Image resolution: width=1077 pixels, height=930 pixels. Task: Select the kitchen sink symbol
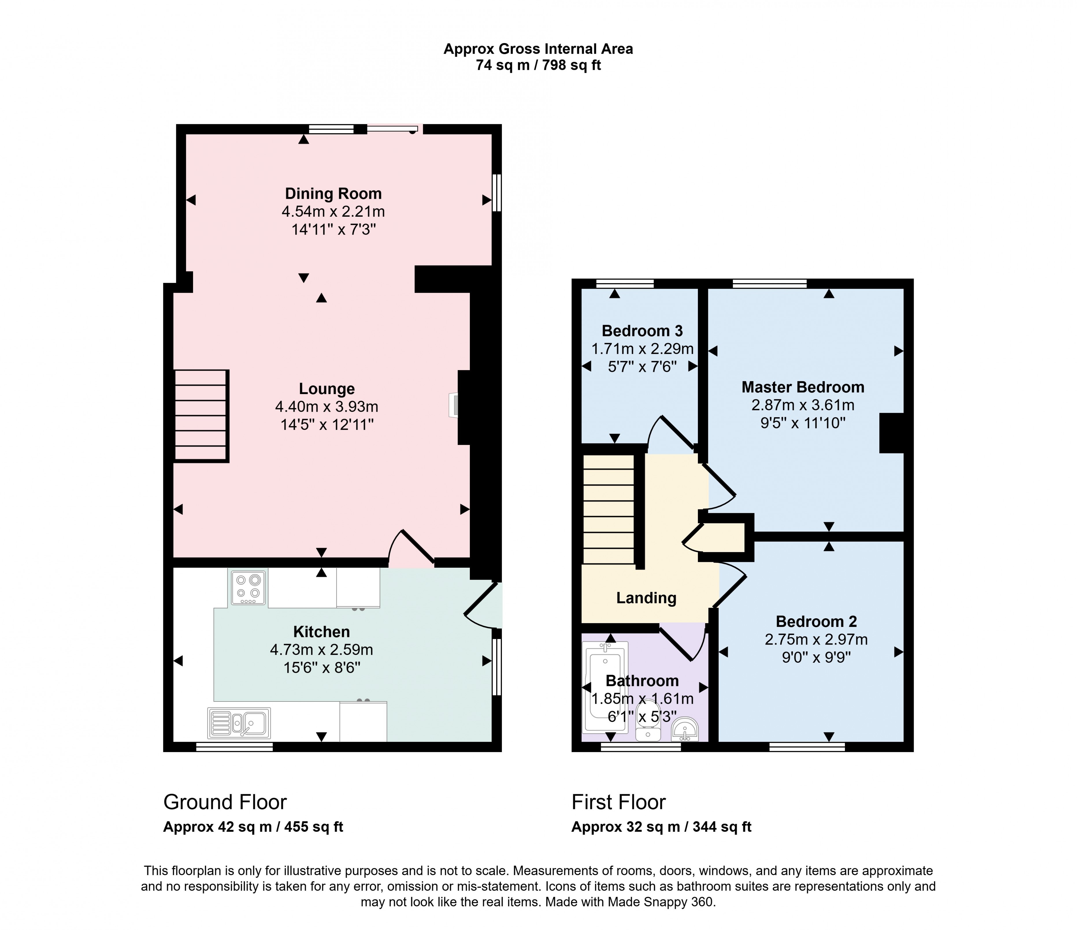pyautogui.click(x=239, y=723)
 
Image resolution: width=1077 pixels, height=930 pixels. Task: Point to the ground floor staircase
pyautogui.click(x=201, y=416)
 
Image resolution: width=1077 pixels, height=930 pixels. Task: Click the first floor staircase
pyautogui.click(x=609, y=509)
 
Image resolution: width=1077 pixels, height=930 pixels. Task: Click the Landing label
pyautogui.click(x=646, y=598)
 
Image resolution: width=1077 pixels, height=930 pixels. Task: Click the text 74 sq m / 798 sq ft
pyautogui.click(x=538, y=66)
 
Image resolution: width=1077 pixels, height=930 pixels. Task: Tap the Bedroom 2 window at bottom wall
pyautogui.click(x=807, y=747)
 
